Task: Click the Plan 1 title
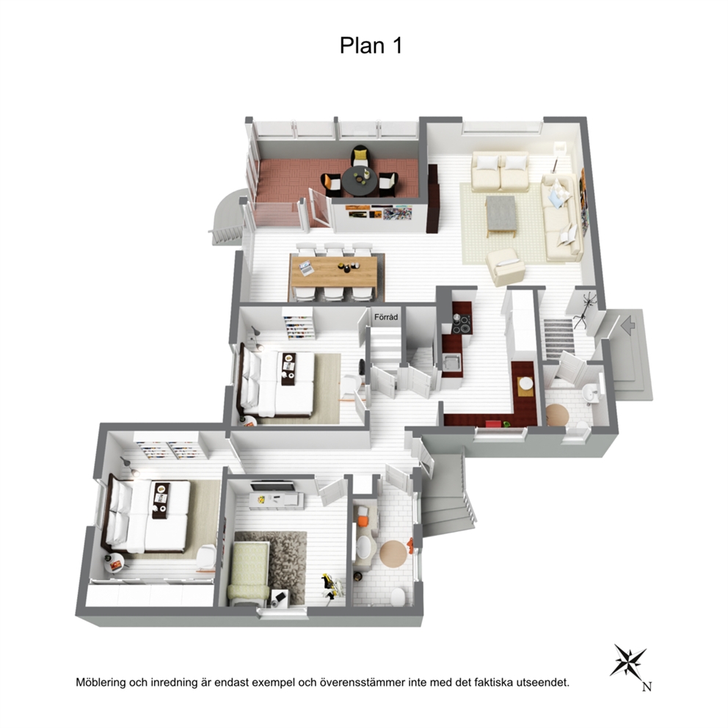pos(371,46)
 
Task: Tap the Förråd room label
pos(386,318)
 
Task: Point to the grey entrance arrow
pos(627,325)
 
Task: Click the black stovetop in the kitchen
pos(462,324)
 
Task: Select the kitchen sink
pos(451,361)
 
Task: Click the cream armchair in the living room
pos(505,266)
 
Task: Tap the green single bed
pos(250,573)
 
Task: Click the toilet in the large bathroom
pos(398,597)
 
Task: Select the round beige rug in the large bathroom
pos(393,553)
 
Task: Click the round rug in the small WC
pos(557,415)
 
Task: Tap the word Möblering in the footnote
pos(101,682)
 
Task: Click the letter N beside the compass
pos(647,686)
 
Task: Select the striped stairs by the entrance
pos(559,338)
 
